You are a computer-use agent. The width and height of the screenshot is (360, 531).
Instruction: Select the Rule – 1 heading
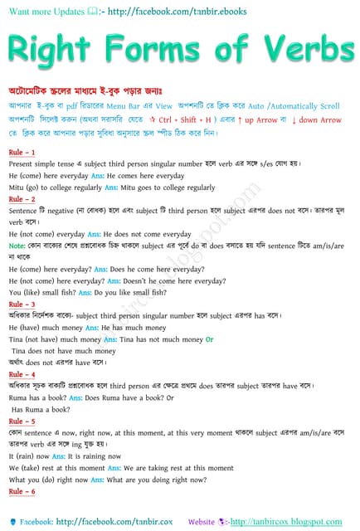(x=22, y=153)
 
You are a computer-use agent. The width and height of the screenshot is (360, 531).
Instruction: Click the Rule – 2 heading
(x=22, y=199)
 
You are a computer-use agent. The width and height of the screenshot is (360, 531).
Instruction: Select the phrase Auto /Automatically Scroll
(x=294, y=107)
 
